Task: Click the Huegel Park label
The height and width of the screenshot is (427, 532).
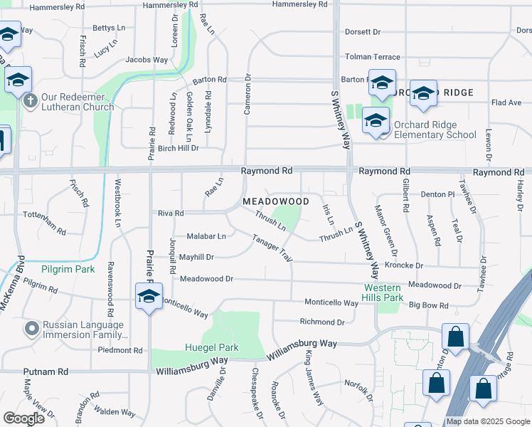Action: [212, 348]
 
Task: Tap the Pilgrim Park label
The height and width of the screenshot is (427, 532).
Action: [68, 270]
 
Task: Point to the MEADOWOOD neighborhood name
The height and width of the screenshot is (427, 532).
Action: [276, 202]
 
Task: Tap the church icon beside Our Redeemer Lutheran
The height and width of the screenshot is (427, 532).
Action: [30, 100]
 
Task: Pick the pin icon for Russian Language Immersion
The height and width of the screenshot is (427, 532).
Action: [31, 329]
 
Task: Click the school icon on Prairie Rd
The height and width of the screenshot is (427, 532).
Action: [149, 297]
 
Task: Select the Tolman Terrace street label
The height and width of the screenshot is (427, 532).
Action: [372, 57]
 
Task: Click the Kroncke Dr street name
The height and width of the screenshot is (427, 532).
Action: [403, 265]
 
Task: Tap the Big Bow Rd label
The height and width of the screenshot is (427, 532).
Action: [428, 306]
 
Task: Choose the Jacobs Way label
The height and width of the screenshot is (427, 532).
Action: [147, 60]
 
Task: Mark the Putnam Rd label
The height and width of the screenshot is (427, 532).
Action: [46, 371]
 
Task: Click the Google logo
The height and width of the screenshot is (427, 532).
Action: [24, 418]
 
